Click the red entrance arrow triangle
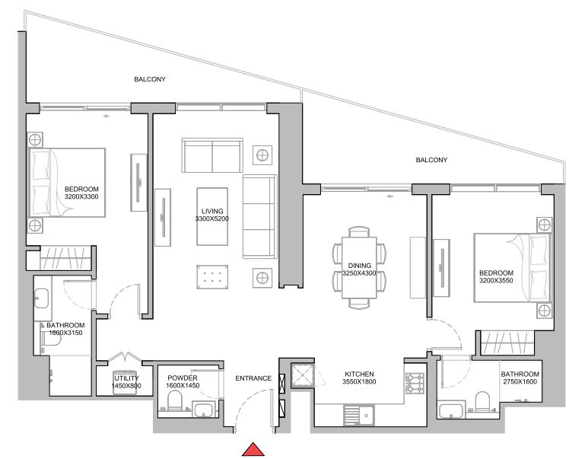pos(253,450)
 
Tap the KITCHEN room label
pos(359,375)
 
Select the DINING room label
pos(359,266)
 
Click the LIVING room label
pos(212,212)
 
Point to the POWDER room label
pos(183,378)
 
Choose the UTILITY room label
pos(126,378)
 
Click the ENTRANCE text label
pos(253,378)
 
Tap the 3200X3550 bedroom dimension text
pos(496,281)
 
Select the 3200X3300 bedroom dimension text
pos(81,196)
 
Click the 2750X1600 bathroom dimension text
pos(520,381)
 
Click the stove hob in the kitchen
pos(415,383)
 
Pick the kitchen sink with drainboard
pos(359,416)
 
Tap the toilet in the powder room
pos(174,401)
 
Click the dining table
pos(359,268)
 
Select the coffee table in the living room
pos(212,216)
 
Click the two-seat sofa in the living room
pos(212,155)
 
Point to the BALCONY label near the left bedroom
pos(150,79)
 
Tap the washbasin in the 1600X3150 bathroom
pos(41,298)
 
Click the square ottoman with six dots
pos(212,277)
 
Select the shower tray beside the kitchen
pos(302,375)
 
